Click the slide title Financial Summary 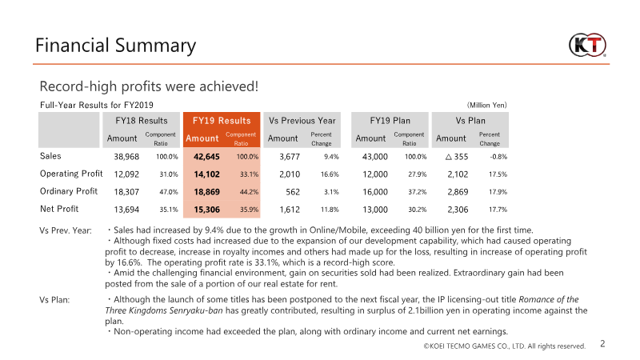(115, 46)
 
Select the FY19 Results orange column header (218, 120)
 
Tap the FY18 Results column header (142, 120)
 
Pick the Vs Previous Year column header (302, 120)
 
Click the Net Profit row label (60, 209)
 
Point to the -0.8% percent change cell (498, 157)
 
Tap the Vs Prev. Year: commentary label (66, 230)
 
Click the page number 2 (602, 344)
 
